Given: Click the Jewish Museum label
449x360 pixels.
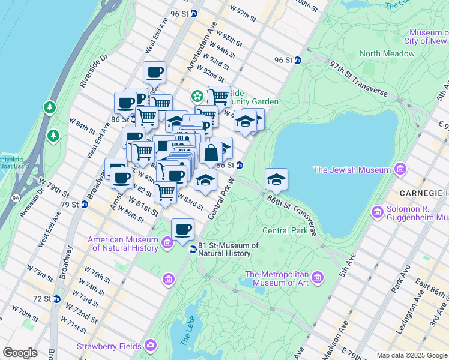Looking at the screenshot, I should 352,170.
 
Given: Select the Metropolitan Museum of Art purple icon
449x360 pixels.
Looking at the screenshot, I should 318,277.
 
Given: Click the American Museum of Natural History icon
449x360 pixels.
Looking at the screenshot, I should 167,242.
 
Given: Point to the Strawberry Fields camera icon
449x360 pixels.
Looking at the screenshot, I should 150,346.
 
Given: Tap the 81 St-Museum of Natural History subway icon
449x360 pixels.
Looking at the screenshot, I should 193,249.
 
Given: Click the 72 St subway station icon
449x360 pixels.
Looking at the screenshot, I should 56,299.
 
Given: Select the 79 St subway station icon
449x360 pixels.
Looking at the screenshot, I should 84,205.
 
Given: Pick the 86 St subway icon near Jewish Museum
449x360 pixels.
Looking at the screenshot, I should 396,170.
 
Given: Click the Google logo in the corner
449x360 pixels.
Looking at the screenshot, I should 20,353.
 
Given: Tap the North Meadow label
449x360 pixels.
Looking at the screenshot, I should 387,53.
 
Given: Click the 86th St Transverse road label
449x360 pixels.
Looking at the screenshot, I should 292,212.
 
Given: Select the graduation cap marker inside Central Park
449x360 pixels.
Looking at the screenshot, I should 276,179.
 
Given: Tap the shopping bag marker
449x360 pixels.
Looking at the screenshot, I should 211,154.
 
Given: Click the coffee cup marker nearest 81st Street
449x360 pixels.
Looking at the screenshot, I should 182,229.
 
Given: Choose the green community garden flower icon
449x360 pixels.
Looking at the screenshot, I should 197,96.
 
